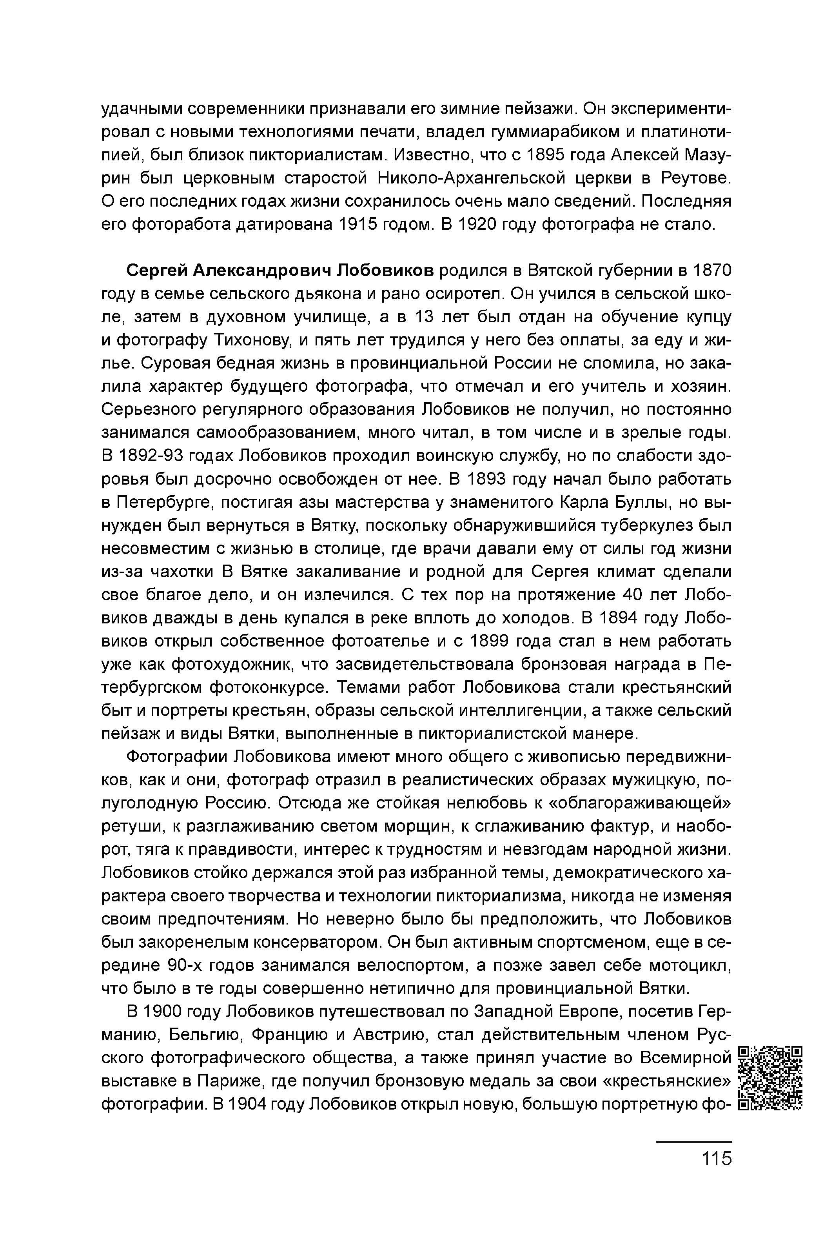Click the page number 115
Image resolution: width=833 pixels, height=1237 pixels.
(x=716, y=1158)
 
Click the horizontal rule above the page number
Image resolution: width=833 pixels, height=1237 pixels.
(x=693, y=1141)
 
